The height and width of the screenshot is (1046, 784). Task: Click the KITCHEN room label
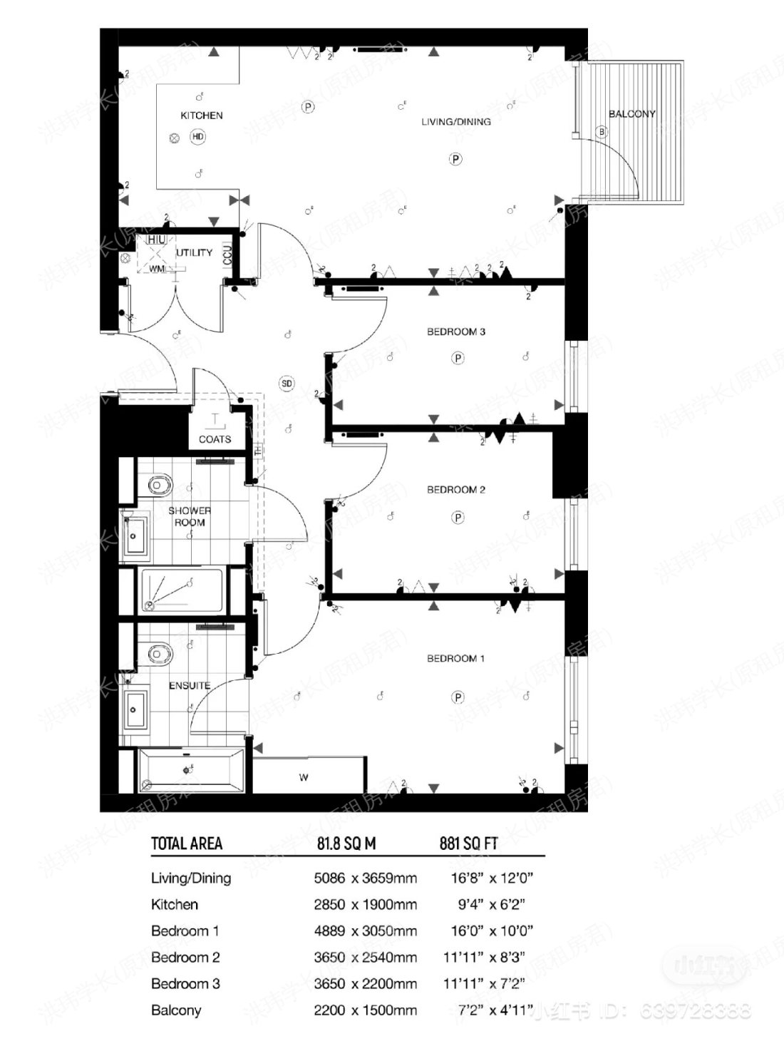pyautogui.click(x=202, y=116)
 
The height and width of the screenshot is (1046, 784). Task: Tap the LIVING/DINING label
pyautogui.click(x=455, y=122)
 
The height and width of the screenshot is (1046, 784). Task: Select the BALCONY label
pyautogui.click(x=631, y=114)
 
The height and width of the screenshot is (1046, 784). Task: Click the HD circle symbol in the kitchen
pyautogui.click(x=197, y=137)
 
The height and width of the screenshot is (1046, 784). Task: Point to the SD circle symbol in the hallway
pyautogui.click(x=287, y=384)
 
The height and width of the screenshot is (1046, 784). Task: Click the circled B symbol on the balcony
pyautogui.click(x=602, y=132)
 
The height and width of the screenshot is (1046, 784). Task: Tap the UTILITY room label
pyautogui.click(x=195, y=252)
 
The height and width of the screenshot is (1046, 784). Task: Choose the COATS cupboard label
pyautogui.click(x=215, y=439)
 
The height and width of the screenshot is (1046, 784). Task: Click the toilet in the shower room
pyautogui.click(x=158, y=486)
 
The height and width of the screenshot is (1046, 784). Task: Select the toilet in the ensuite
pyautogui.click(x=158, y=653)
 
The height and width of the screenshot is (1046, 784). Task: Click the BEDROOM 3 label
pyautogui.click(x=456, y=332)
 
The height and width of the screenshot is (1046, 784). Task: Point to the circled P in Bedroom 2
pyautogui.click(x=458, y=518)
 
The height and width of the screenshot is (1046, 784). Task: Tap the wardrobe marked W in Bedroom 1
pyautogui.click(x=304, y=777)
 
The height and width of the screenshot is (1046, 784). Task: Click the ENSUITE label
pyautogui.click(x=190, y=686)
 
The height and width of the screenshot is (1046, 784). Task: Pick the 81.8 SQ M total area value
pyautogui.click(x=346, y=844)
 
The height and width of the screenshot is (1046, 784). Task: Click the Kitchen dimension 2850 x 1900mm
pyautogui.click(x=365, y=905)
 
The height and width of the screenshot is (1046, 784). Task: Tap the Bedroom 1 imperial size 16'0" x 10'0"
pyautogui.click(x=492, y=931)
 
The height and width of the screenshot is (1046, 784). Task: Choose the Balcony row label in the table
pyautogui.click(x=176, y=1010)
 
